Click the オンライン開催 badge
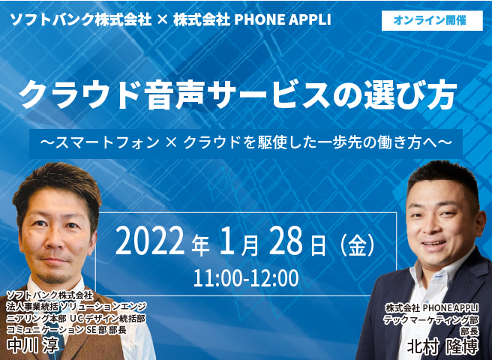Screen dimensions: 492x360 (432, 20)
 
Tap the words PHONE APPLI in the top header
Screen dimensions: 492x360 (283, 19)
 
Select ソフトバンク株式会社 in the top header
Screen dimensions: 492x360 (81, 20)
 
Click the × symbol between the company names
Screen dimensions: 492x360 (162, 20)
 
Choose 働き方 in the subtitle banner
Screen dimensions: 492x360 (407, 143)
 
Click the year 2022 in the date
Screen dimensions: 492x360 (150, 241)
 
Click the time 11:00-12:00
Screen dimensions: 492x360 (246, 278)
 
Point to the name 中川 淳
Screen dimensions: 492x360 (33, 345)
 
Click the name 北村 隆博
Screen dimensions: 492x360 (442, 346)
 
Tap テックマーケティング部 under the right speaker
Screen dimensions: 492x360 (431, 319)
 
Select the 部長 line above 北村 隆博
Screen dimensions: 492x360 (469, 331)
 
